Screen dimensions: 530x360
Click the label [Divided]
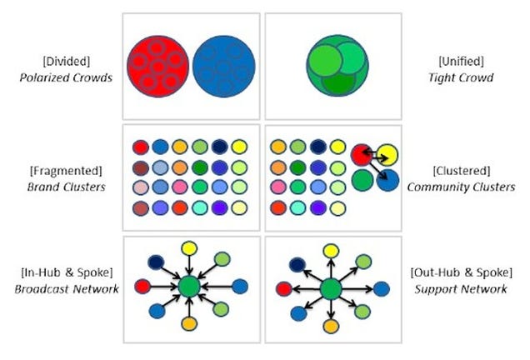pos(67,61)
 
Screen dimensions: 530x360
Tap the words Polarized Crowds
pos(66,77)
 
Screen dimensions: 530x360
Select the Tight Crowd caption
pos(461,77)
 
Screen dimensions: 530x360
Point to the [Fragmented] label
pos(66,171)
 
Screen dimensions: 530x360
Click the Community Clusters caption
pos(461,187)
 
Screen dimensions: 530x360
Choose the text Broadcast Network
pos(67,289)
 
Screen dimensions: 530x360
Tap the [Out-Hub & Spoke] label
pos(462,272)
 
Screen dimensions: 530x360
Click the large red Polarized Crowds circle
pos(157,67)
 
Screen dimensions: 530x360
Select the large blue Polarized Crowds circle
pos(224,67)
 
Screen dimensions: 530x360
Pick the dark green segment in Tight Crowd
pos(338,84)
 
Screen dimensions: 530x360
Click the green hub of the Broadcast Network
pos(189,287)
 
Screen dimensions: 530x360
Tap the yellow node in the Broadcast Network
pos(189,248)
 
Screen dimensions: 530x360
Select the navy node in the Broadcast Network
pos(156,262)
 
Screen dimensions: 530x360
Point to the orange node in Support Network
pos(331,326)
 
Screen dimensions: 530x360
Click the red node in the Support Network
pos(284,289)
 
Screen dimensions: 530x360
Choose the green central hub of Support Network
pos(331,290)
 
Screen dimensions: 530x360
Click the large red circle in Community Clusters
pos(362,155)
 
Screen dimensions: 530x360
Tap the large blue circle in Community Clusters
pos(387,181)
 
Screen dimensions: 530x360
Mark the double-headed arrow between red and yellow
pos(375,155)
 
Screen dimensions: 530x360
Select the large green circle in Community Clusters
pos(362,181)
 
